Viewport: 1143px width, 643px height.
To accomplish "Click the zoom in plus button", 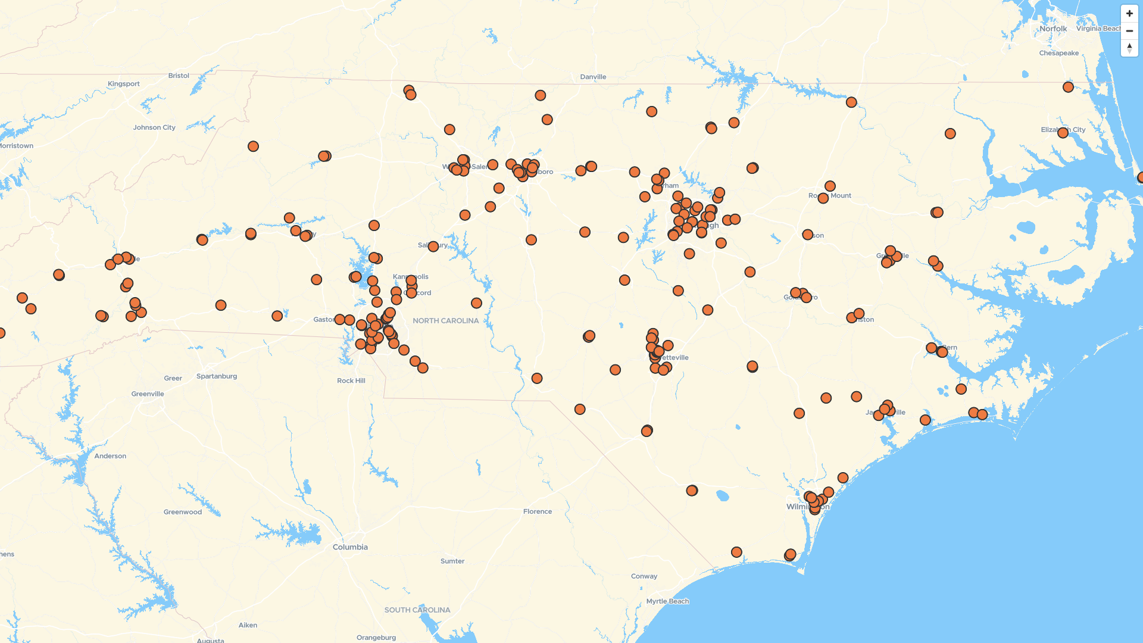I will pyautogui.click(x=1129, y=13).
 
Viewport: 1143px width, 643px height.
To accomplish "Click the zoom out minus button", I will pyautogui.click(x=1129, y=30).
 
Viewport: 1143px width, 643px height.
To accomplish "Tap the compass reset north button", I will pyautogui.click(x=1129, y=48).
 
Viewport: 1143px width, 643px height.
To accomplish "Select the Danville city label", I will pyautogui.click(x=593, y=77).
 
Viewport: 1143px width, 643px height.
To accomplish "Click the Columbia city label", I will pyautogui.click(x=350, y=547).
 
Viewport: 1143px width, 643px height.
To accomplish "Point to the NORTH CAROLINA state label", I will pyautogui.click(x=445, y=321).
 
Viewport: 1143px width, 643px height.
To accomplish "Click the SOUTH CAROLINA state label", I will pyautogui.click(x=417, y=610).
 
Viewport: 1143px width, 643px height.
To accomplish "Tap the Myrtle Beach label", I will pyautogui.click(x=667, y=601).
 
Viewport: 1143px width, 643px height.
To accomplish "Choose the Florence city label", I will pyautogui.click(x=537, y=511).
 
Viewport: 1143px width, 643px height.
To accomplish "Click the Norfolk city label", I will pyautogui.click(x=1053, y=29).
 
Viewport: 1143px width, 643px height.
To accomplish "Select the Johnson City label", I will pyautogui.click(x=154, y=127).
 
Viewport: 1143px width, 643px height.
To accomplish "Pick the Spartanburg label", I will pyautogui.click(x=217, y=376).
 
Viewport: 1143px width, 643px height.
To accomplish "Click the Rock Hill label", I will pyautogui.click(x=351, y=381).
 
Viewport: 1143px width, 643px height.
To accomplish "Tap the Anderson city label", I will pyautogui.click(x=110, y=456).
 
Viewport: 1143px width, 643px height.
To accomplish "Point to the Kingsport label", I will pyautogui.click(x=124, y=84).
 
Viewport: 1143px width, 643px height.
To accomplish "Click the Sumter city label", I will pyautogui.click(x=452, y=561).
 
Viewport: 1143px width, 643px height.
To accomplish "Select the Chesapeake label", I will pyautogui.click(x=1058, y=53).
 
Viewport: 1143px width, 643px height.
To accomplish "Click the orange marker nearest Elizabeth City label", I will pyautogui.click(x=1063, y=133).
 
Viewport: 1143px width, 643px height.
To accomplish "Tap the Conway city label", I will pyautogui.click(x=644, y=576).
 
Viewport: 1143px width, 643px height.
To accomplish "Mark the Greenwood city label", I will pyautogui.click(x=183, y=512).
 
